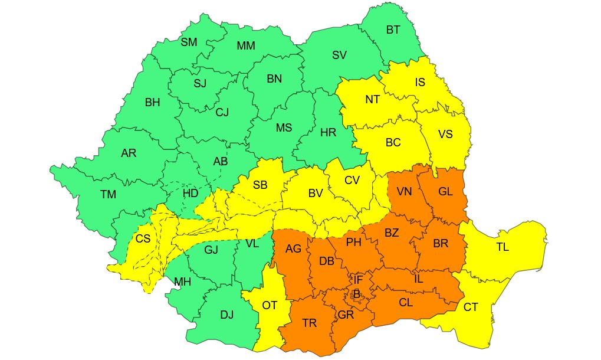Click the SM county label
pos(189,42)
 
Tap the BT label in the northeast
pos(393,30)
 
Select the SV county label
pos(339,55)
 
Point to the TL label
pos(502,247)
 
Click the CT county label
pos(470,307)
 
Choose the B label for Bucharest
pos(356,293)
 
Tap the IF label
pos(358,279)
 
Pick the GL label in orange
pos(446,191)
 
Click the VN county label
pos(404,191)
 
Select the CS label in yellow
pos(143,239)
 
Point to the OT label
pos(270,305)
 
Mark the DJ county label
pos(227,315)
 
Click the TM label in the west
pos(108,194)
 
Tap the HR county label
pos(328,133)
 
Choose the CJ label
pos(222,112)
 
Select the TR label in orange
pos(309,323)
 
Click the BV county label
pos(316,193)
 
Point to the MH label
pos(182,282)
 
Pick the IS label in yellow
pos(420,83)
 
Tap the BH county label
pos(152,102)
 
